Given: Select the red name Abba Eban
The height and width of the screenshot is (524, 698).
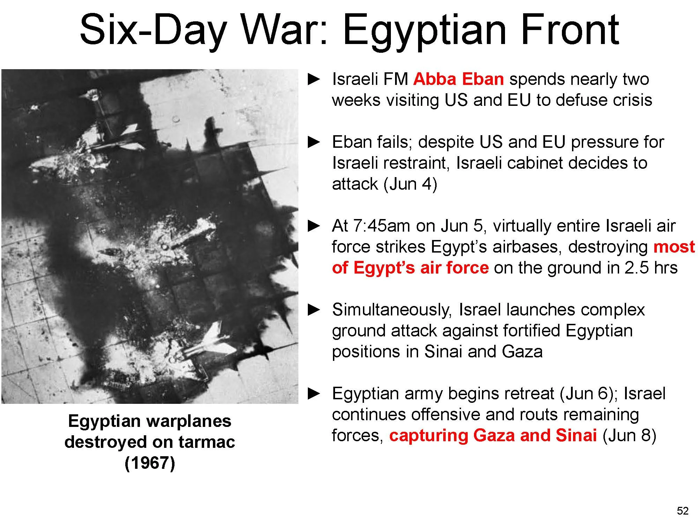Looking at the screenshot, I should tap(458, 79).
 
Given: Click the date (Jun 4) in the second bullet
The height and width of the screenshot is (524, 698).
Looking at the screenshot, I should tap(410, 184).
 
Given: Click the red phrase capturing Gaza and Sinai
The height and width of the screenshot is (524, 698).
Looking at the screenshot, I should tap(493, 435).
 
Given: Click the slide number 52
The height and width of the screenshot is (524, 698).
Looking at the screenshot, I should tap(682, 511).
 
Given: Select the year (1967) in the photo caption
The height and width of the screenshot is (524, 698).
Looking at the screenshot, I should tap(150, 463).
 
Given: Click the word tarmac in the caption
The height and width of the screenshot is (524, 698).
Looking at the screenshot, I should tap(207, 442).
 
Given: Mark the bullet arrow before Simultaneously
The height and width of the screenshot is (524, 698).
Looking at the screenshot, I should tap(314, 310).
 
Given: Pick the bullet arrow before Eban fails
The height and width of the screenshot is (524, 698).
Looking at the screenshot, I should tap(314, 142).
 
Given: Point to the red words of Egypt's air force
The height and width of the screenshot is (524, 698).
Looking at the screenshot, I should tap(410, 268).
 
